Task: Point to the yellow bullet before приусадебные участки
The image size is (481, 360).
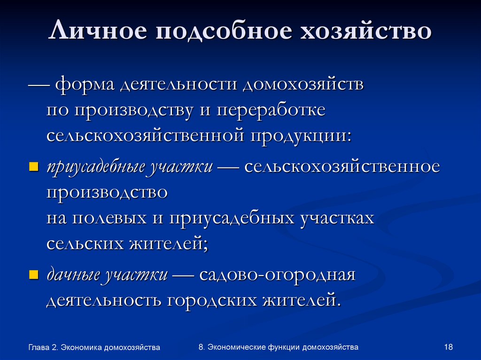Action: tap(33, 167)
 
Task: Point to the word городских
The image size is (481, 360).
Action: tap(210, 299)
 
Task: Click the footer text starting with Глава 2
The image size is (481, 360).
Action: tap(94, 347)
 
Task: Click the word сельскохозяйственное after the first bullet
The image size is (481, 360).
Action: tap(342, 168)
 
